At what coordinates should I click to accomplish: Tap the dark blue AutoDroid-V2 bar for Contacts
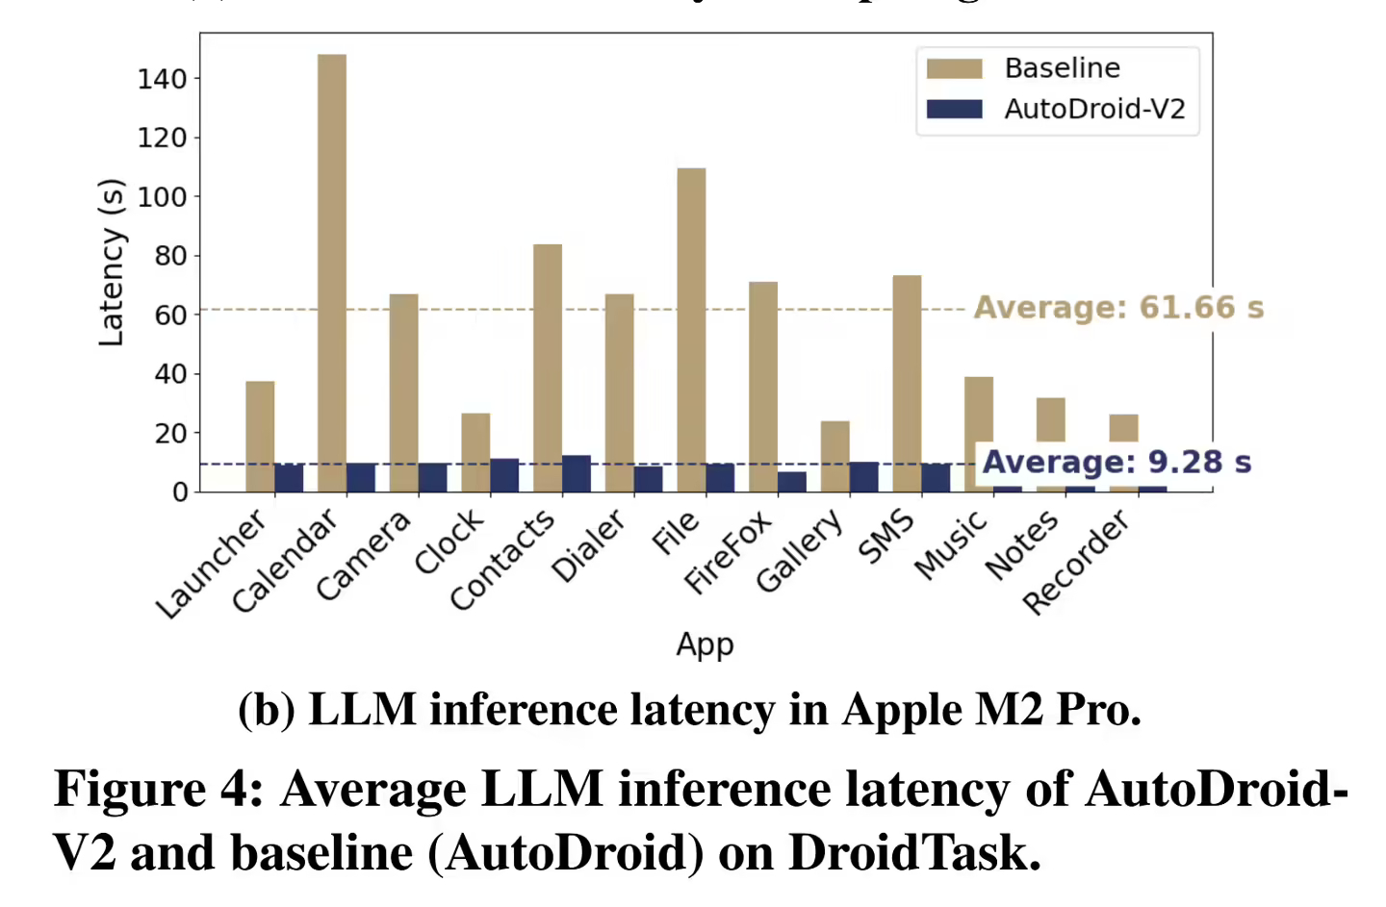577,474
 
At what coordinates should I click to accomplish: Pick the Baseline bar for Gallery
834,456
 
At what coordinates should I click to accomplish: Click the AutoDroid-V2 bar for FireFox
792,482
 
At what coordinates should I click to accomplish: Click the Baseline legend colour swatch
954,68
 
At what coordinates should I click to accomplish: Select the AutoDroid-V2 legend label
1094,109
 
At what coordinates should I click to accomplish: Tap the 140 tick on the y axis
162,79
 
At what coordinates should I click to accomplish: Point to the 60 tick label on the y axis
170,315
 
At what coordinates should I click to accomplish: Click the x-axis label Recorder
1076,564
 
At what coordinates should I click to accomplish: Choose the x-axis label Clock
449,543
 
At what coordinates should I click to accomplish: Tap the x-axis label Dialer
589,547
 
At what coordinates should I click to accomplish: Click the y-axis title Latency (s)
112,263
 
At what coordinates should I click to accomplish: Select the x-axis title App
705,643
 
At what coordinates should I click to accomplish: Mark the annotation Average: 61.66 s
1118,308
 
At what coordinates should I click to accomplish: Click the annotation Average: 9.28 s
1116,462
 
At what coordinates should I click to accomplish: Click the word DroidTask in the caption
912,852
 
